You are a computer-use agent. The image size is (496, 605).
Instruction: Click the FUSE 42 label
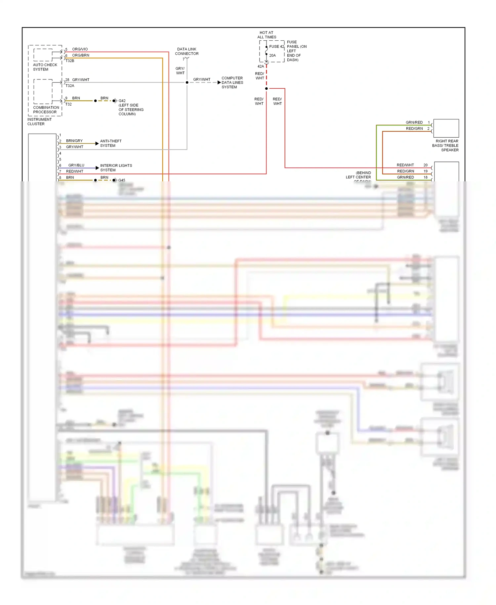pos(276,47)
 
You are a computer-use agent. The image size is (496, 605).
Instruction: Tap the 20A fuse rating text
pos(272,56)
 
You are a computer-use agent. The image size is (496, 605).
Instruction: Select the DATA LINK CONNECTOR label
pos(186,51)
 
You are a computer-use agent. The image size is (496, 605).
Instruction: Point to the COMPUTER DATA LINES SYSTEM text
pos(232,83)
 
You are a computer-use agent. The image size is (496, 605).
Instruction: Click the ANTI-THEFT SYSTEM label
pos(110,143)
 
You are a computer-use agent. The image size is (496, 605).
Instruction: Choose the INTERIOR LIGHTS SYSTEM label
pos(116,168)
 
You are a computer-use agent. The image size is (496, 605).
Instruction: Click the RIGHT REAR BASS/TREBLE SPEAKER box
pos(446,128)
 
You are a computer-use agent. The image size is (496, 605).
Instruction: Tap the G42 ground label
pos(122,101)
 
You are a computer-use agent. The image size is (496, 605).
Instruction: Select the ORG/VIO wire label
pos(80,49)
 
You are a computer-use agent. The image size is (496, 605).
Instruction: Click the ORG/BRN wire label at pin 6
pos(80,55)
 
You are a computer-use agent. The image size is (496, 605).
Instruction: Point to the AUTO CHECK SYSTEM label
pos(45,67)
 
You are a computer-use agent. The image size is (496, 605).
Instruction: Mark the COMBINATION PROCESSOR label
pos(46,110)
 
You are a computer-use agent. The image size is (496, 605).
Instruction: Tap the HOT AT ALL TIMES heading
pos(267,35)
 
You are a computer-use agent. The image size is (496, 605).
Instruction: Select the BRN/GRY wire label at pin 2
pos(74,141)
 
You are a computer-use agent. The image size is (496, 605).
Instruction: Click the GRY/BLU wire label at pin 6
pos(76,165)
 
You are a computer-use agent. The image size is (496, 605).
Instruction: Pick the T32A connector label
pos(70,86)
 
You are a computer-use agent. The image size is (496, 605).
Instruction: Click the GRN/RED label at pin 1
pos(414,122)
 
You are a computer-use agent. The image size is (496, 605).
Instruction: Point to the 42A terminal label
pos(261,67)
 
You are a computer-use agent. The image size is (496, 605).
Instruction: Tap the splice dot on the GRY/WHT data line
pos(187,82)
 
